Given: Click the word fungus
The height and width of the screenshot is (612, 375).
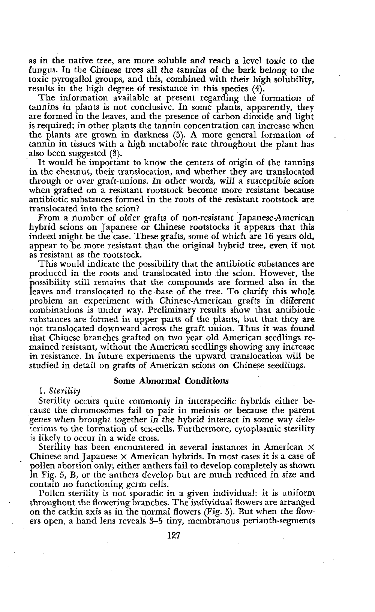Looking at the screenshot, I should click(x=41, y=70).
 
